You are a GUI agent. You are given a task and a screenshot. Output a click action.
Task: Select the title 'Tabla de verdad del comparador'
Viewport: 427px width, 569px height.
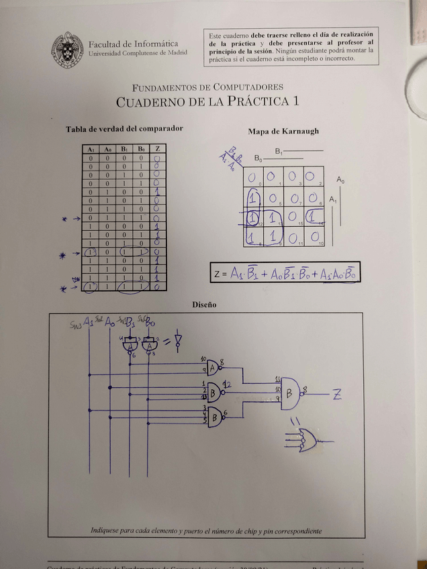coord(124,128)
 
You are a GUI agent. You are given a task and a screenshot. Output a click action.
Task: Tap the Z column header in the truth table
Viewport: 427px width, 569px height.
coord(157,148)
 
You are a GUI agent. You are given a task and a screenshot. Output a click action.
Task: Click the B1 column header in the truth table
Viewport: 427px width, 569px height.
coord(124,148)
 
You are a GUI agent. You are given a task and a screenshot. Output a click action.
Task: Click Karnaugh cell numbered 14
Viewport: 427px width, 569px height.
coord(314,217)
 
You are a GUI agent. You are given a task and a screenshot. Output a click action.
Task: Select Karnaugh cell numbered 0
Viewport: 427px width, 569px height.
coord(252,178)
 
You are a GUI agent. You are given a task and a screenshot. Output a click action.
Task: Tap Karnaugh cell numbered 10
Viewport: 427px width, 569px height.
coord(314,237)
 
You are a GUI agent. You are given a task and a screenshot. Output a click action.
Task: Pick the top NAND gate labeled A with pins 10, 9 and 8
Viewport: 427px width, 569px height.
coord(213,367)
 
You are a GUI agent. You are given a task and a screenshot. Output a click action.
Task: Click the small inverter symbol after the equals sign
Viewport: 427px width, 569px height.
coord(177,340)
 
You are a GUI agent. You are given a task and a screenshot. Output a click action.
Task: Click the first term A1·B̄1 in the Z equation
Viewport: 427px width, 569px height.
coord(245,274)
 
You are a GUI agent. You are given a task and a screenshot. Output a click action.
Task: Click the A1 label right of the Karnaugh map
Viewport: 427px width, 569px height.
coord(334,199)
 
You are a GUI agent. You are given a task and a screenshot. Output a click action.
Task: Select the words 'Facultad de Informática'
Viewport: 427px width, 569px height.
coord(128,44)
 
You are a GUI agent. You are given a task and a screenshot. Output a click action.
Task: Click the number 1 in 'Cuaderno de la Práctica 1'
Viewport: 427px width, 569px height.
coord(294,102)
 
